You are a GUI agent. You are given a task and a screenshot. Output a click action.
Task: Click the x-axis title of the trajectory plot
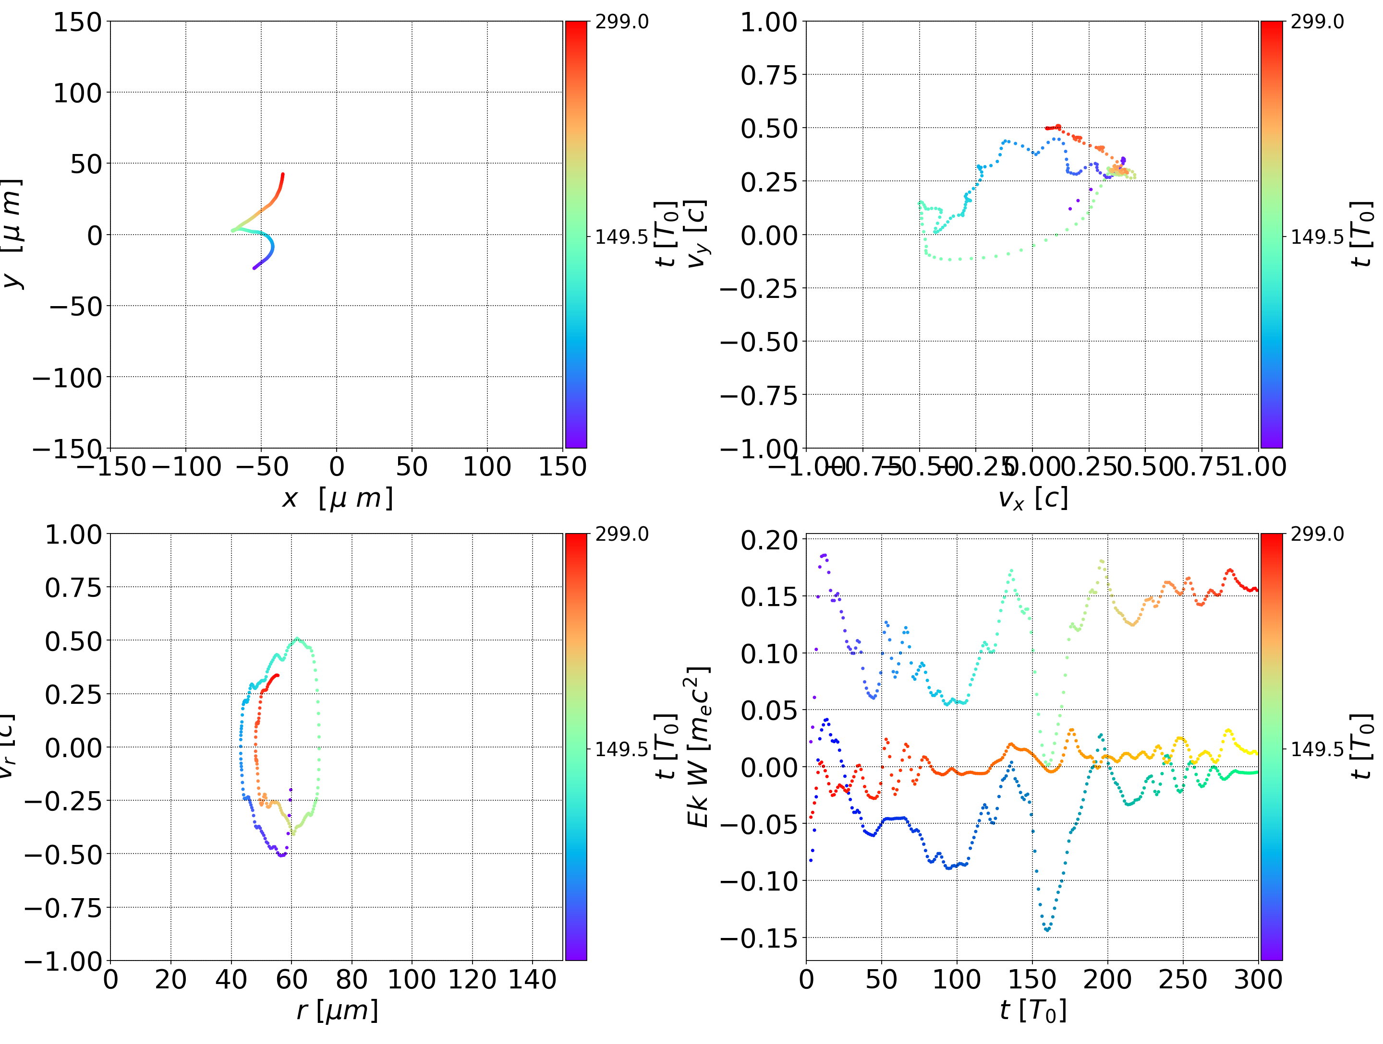coord(337,498)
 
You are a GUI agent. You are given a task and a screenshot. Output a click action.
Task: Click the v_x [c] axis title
coord(1032,498)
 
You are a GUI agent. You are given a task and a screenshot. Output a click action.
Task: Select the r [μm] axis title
coord(337,1010)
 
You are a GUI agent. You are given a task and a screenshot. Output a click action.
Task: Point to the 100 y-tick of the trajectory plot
coord(77,93)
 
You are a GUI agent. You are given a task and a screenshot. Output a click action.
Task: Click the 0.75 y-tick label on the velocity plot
coord(769,75)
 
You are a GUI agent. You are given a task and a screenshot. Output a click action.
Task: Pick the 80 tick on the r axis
coord(352,980)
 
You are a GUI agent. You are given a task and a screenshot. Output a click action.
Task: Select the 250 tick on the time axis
coord(1183,980)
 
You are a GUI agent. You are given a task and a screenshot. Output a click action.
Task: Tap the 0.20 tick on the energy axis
coord(769,540)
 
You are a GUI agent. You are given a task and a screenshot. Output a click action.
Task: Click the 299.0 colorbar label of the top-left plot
coord(621,22)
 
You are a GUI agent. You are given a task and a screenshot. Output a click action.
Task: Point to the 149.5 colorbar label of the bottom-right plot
coord(1317,748)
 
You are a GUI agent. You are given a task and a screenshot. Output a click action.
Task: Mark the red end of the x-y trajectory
coord(282,174)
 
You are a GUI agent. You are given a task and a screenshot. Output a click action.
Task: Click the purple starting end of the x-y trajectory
coord(254,268)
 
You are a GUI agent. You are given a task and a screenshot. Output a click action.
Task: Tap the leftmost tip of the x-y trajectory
coord(232,231)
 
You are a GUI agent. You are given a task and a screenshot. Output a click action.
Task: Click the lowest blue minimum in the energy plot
coord(1047,930)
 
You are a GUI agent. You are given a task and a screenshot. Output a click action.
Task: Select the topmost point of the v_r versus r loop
coord(297,639)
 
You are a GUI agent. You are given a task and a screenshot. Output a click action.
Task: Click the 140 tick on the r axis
coord(532,980)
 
